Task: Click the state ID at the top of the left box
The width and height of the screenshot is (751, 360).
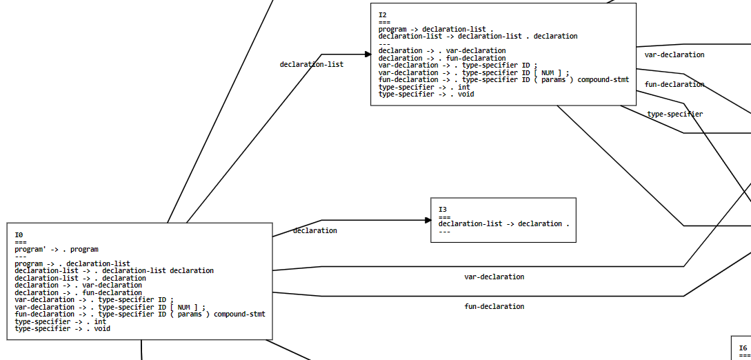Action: [19, 235]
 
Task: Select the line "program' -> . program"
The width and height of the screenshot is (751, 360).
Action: [56, 250]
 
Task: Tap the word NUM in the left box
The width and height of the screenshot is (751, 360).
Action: [184, 307]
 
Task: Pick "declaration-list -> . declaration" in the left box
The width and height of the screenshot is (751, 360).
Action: [80, 278]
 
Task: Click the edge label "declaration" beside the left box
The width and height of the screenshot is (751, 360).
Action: [315, 230]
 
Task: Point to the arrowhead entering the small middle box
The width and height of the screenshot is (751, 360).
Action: [428, 221]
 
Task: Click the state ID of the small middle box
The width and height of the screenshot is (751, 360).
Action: [443, 209]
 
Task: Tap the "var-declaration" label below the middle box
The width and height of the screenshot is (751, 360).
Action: [494, 277]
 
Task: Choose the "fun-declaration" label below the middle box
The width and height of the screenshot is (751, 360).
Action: [494, 306]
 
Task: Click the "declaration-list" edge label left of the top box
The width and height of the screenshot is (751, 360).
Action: [311, 64]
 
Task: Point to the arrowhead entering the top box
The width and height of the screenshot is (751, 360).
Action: [368, 54]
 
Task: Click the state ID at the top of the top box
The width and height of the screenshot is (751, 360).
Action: [383, 14]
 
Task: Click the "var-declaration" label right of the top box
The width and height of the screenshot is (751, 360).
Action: [674, 54]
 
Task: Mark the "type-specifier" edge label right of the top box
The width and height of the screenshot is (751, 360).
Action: [675, 114]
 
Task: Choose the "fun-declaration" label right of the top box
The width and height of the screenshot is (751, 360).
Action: [674, 84]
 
